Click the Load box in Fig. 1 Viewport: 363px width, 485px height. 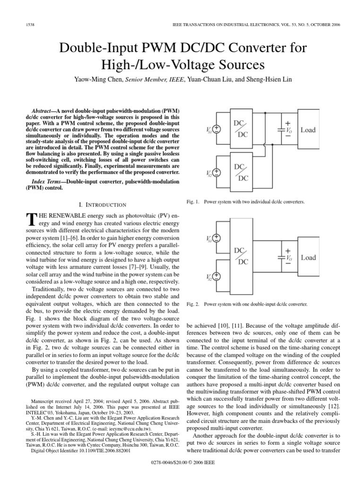point(308,130)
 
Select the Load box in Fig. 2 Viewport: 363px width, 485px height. point(308,258)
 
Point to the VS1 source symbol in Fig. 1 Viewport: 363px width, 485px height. point(216,129)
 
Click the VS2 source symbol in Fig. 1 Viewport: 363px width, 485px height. point(216,174)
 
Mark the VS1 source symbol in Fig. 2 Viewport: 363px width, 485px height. point(216,239)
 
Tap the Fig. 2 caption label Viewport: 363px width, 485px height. point(194,304)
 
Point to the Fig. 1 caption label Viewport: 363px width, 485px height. point(194,202)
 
